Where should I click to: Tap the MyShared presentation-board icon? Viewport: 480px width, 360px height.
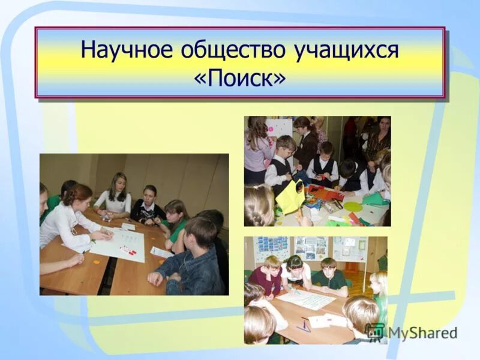coord(375,332)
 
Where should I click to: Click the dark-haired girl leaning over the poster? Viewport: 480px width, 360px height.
coord(295,270)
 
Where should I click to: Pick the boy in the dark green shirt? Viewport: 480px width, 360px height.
coord(328,276)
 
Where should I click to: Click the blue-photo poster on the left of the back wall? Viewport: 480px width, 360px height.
coord(272,248)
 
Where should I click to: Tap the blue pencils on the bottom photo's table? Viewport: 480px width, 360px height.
coord(305,326)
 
